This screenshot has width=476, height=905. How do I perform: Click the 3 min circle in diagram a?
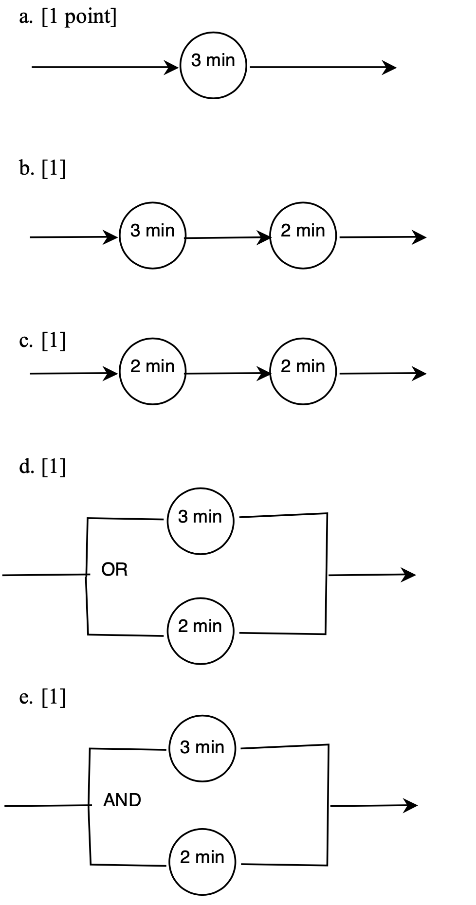[x=214, y=66]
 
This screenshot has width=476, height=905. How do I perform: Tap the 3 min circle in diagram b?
[x=152, y=236]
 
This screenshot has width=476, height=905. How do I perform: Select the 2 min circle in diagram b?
[x=303, y=236]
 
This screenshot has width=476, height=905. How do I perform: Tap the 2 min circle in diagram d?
[x=201, y=631]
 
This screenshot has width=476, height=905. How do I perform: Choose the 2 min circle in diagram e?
[x=202, y=862]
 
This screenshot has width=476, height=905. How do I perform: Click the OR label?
[x=115, y=570]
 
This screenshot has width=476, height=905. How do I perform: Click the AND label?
[x=122, y=800]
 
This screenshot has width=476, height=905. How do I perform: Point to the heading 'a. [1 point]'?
[x=68, y=17]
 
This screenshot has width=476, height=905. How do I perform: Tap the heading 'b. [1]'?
[x=43, y=169]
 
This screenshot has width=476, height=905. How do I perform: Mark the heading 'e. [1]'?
[x=43, y=698]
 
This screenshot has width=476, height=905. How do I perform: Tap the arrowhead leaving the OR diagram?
[x=409, y=575]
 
